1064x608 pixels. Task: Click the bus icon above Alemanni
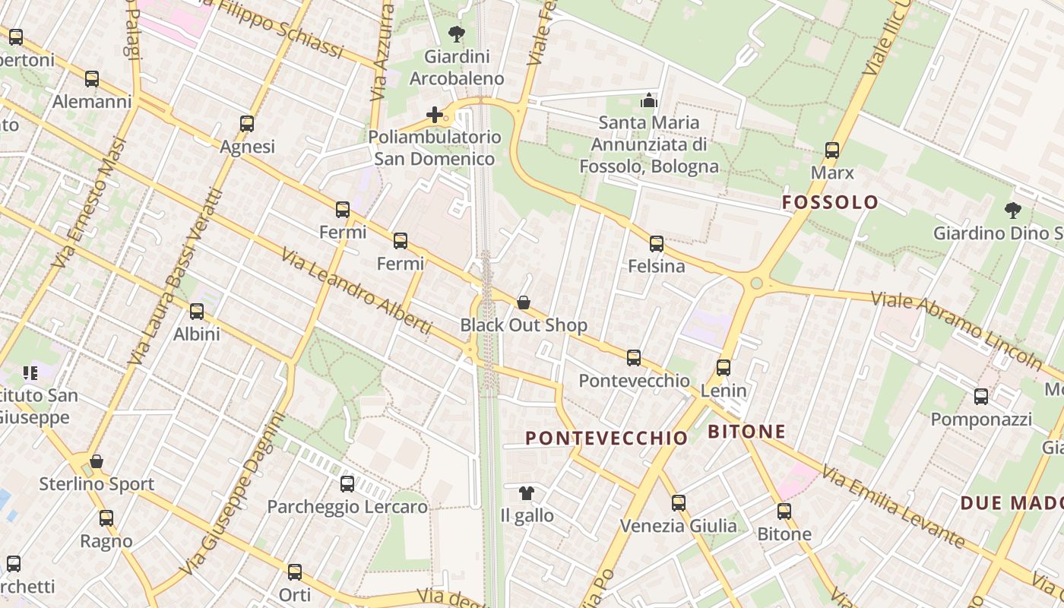[92, 78]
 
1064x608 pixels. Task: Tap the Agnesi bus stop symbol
[247, 123]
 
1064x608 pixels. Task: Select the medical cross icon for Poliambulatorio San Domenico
[435, 115]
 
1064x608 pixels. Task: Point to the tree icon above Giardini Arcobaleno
[457, 33]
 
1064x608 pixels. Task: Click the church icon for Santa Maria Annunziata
[648, 100]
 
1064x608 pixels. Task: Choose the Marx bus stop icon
[832, 150]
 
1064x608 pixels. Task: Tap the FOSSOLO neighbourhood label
[830, 202]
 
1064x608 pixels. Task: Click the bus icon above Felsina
[657, 244]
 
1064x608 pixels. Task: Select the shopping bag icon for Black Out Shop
[524, 302]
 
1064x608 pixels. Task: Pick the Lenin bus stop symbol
[724, 368]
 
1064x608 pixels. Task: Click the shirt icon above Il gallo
[527, 493]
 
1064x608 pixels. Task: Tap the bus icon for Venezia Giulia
[679, 503]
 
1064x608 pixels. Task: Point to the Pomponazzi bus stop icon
[981, 396]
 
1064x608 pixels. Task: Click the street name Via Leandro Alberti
[356, 291]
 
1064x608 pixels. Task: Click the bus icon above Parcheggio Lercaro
[347, 483]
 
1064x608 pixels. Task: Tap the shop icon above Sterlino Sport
[97, 461]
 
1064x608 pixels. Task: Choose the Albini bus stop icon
[197, 311]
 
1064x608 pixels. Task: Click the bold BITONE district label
[746, 432]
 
